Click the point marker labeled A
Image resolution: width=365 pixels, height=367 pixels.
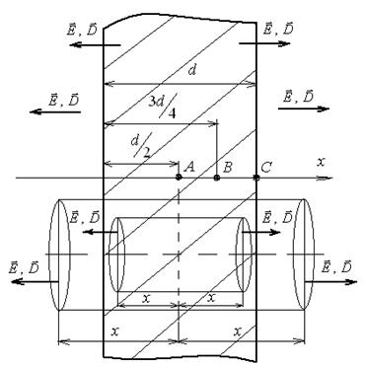pyautogui.click(x=179, y=178)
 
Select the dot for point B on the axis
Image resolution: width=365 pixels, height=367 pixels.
pyautogui.click(x=216, y=178)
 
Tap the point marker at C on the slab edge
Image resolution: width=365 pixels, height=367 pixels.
pyautogui.click(x=256, y=178)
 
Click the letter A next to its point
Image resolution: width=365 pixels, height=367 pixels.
pyautogui.click(x=189, y=167)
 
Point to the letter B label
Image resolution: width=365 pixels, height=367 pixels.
pyautogui.click(x=227, y=168)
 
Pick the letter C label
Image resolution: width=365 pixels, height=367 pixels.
pyautogui.click(x=265, y=168)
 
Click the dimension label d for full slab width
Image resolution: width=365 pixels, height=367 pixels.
pyautogui.click(x=191, y=70)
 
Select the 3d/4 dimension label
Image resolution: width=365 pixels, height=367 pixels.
pyautogui.click(x=162, y=106)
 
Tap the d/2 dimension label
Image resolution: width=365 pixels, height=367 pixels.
pyautogui.click(x=141, y=145)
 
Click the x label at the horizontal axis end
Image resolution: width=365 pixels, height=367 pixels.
pyautogui.click(x=321, y=162)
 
